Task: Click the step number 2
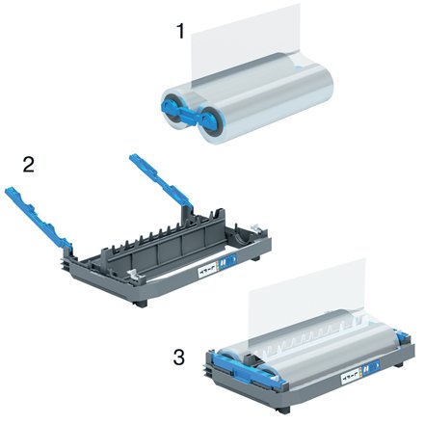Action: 29,165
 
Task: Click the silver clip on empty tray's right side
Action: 259,230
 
